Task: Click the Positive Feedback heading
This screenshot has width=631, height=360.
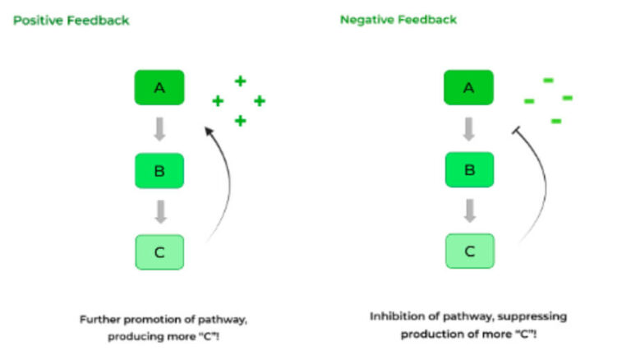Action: coord(71,21)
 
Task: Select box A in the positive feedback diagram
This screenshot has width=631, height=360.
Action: coord(159,87)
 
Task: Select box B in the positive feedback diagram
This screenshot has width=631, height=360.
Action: coord(159,170)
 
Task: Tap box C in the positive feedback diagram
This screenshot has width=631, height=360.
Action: coord(159,252)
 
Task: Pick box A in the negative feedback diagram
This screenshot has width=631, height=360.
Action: coord(469,87)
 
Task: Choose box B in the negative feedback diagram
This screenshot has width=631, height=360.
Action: coord(469,170)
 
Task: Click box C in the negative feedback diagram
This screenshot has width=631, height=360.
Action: coord(469,252)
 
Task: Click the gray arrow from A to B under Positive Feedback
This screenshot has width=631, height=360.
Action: coord(161,129)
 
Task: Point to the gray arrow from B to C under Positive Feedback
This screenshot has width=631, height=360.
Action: coord(161,211)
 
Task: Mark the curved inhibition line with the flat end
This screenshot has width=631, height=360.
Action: coord(535,181)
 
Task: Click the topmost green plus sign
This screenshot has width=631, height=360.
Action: coord(240,81)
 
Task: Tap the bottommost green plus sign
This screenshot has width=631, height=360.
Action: coord(240,121)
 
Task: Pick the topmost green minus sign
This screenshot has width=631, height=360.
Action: coord(548,80)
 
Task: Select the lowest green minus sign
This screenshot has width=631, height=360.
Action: coord(555,121)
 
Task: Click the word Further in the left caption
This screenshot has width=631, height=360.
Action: coord(99,318)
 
